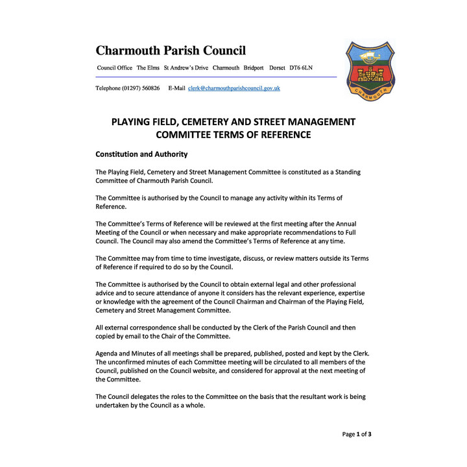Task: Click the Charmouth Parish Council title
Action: [171, 51]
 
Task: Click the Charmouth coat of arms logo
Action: [370, 69]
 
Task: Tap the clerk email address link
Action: [234, 88]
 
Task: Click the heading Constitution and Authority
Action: [141, 154]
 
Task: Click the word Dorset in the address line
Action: [278, 68]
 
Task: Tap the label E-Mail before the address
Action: [176, 88]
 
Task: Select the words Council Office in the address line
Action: [114, 68]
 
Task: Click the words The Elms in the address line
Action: [148, 68]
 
